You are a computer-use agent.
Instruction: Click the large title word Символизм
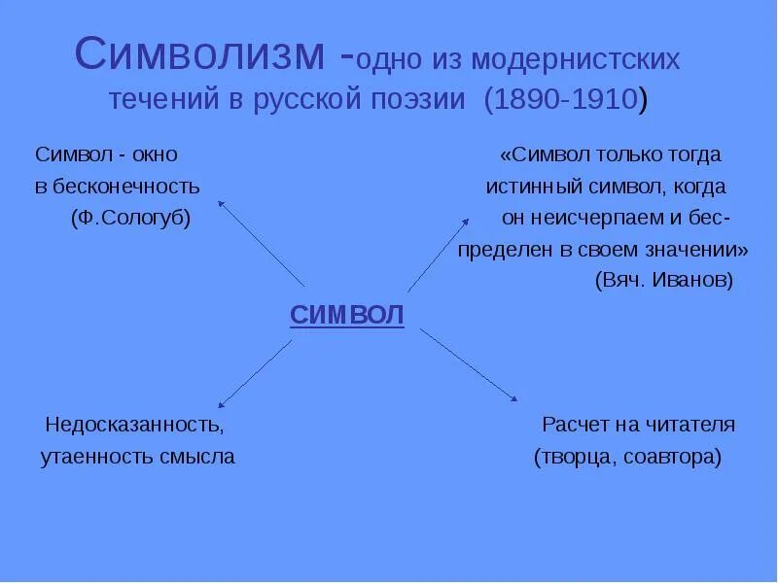click(x=205, y=55)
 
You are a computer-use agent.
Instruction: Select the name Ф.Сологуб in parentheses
click(x=130, y=218)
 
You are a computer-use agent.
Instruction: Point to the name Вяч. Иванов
click(x=663, y=280)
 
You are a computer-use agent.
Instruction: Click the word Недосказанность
click(x=134, y=426)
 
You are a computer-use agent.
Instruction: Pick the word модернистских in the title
click(x=576, y=60)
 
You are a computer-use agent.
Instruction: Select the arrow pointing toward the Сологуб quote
click(x=261, y=243)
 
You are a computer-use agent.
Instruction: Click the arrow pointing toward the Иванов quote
click(x=438, y=255)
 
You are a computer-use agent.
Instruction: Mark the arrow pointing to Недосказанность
click(x=255, y=373)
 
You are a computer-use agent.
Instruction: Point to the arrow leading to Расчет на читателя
click(x=469, y=363)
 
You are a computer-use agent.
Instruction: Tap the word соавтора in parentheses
click(x=670, y=457)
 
